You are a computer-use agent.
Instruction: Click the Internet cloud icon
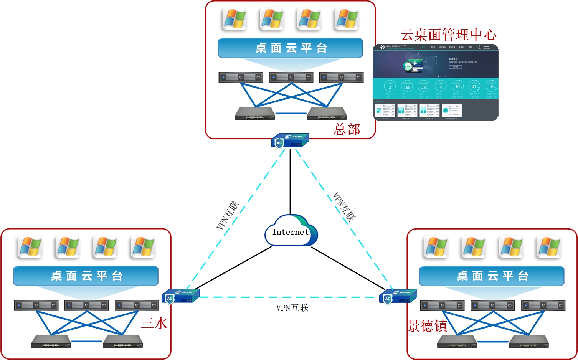[x=291, y=231]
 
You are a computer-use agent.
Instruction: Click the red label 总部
[x=347, y=129]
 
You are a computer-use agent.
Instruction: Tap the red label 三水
[x=154, y=323]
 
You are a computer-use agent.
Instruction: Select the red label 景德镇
[x=427, y=326]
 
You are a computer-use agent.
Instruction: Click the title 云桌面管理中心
[x=448, y=35]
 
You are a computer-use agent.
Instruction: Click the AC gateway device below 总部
[x=290, y=141]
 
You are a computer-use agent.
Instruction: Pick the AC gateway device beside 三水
[x=180, y=296]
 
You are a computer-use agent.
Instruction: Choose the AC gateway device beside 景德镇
[x=398, y=297]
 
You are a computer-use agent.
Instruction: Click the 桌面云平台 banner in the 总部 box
[x=291, y=48]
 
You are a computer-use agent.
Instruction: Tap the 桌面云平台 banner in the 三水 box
[x=86, y=276]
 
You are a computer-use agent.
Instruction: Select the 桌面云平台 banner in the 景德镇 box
[x=492, y=276]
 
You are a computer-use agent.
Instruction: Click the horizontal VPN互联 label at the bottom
[x=292, y=308]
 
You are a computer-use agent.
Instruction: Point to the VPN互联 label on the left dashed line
[x=227, y=215]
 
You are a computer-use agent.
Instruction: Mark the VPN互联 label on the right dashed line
[x=344, y=207]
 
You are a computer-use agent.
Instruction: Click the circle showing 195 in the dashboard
[x=407, y=86]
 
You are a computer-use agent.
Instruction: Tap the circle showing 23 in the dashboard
[x=423, y=86]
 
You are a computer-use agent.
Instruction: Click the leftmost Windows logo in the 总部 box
[x=235, y=19]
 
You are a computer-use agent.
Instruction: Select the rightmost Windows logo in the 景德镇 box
[x=548, y=247]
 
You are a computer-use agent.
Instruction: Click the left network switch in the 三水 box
[x=51, y=341]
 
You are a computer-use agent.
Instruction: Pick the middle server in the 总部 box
[x=291, y=77]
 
